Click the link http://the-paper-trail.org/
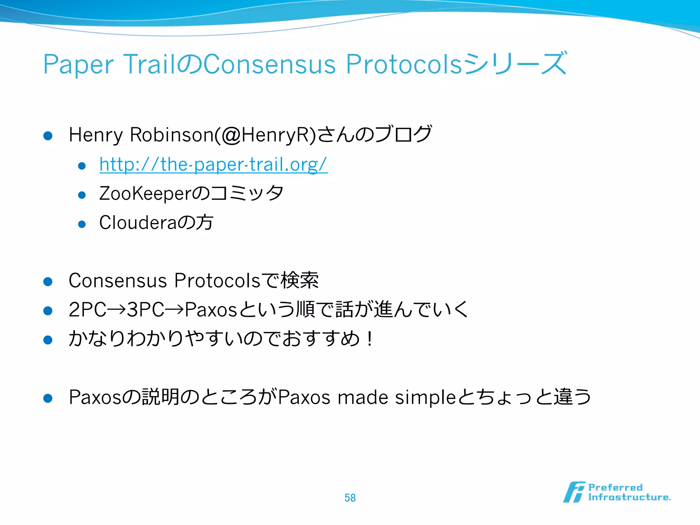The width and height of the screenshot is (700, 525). click(x=213, y=165)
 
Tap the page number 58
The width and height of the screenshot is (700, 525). click(x=350, y=498)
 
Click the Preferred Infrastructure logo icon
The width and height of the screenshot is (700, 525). click(x=574, y=492)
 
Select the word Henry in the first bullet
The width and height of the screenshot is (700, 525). click(x=96, y=135)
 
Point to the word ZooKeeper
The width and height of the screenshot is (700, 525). click(x=145, y=194)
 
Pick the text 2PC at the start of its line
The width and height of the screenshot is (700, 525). click(x=87, y=310)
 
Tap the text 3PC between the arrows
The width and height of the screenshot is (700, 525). click(x=146, y=310)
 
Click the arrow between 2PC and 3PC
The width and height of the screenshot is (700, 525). click(x=117, y=310)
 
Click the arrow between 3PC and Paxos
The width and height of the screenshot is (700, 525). click(x=175, y=310)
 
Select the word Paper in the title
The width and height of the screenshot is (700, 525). click(x=78, y=65)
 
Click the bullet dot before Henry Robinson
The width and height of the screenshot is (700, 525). click(x=48, y=136)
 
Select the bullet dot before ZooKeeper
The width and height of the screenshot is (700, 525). click(x=82, y=195)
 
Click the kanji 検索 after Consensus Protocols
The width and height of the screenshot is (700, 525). click(x=300, y=281)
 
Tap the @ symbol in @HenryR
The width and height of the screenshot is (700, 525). click(x=231, y=135)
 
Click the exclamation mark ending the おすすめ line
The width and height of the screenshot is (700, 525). click(x=370, y=339)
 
